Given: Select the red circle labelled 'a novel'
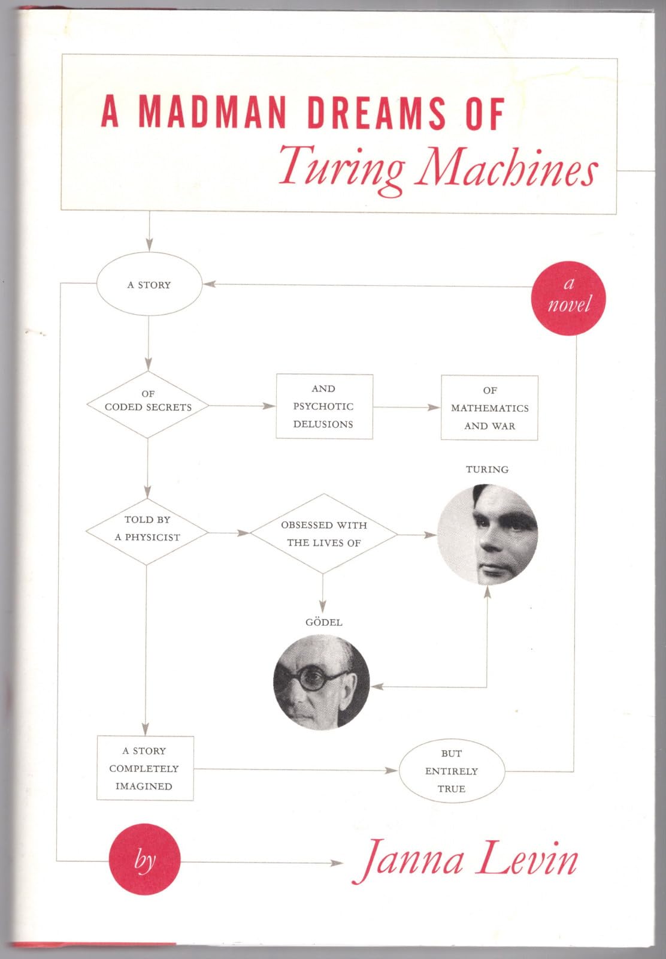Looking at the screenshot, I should (568, 298).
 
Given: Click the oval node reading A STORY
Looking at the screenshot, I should (149, 285).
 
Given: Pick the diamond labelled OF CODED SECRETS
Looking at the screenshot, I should (148, 405).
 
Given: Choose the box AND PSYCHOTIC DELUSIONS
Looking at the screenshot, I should (324, 406).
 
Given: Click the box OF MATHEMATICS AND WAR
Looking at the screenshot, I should (489, 408).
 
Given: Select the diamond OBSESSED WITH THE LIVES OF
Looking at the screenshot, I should (323, 533).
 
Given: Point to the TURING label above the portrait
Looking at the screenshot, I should (487, 469).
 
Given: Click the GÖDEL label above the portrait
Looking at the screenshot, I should (323, 622).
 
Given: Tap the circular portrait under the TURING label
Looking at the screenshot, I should (488, 535).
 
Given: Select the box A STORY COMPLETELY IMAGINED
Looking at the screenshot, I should (144, 768).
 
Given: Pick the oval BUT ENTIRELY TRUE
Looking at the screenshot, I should (452, 771).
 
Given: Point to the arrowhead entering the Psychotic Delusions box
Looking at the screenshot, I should (270, 406).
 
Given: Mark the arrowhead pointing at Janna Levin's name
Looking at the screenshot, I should (337, 863).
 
